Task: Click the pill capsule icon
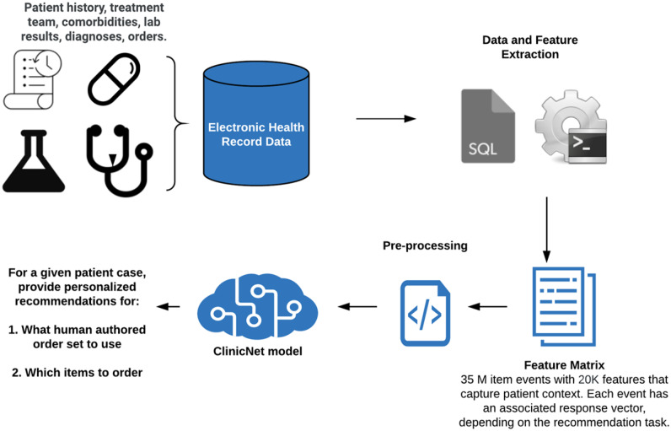(114, 79)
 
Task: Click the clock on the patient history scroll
(48, 63)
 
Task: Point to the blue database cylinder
(256, 123)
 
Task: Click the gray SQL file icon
(487, 126)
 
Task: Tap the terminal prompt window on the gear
(587, 146)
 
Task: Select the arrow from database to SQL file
(386, 119)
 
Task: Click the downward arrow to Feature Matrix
(546, 229)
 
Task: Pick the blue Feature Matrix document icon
(564, 306)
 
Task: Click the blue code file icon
(425, 313)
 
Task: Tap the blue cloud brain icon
(257, 307)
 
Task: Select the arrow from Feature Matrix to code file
(487, 306)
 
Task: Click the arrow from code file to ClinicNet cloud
(357, 306)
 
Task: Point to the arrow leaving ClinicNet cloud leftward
(169, 306)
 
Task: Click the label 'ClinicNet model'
(258, 352)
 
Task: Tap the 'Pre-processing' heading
(425, 245)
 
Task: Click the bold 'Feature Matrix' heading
(564, 365)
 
